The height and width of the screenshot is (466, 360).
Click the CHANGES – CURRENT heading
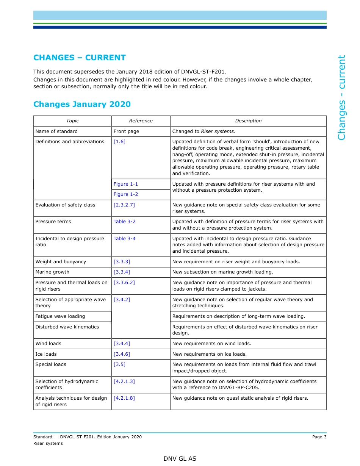point(79,58)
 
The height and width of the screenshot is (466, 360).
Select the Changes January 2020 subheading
point(82,104)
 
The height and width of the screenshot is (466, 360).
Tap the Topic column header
point(72,121)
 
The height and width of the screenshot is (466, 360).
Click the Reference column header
point(141,121)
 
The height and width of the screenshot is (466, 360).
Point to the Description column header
point(248,121)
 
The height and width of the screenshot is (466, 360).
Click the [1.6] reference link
point(119,142)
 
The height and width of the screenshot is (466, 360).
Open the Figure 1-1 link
point(126,184)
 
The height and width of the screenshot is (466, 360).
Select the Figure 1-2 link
point(126,194)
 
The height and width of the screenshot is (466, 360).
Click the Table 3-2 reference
point(124,222)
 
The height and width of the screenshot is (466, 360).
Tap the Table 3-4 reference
point(124,239)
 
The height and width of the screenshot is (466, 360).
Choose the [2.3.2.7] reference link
point(124,205)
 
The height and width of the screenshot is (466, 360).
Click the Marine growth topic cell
point(52,272)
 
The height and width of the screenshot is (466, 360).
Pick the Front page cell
point(126,131)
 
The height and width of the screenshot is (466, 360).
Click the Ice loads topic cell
point(46,354)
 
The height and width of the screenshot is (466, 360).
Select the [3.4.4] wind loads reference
point(122,344)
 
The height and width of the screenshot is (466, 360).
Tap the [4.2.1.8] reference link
point(124,398)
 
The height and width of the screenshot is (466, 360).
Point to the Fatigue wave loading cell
point(60,316)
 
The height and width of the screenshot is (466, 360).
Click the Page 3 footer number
point(319,437)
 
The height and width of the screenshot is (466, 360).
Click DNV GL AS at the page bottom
point(180,459)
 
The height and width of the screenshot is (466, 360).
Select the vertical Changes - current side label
point(341,97)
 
